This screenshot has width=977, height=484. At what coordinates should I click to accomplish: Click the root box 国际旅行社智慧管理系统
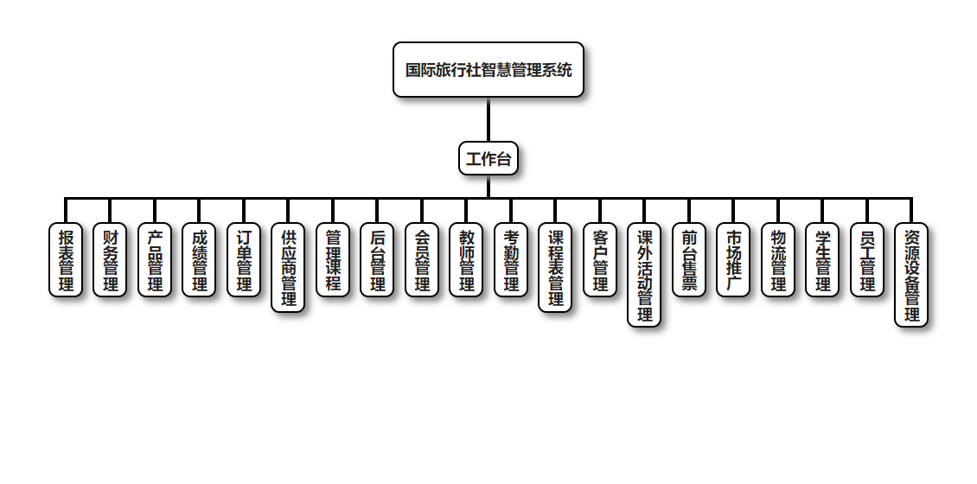click(488, 70)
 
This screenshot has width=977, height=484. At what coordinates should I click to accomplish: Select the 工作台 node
click(488, 158)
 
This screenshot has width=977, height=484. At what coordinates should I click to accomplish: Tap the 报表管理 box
click(66, 260)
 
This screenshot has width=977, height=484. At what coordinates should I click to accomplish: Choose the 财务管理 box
click(110, 260)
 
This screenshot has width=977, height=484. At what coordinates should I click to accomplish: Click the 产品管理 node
click(155, 260)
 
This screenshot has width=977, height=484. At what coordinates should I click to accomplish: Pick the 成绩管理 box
click(199, 260)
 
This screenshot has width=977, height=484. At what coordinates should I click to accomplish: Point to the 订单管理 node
click(244, 260)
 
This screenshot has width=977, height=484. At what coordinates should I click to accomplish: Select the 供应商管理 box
click(288, 268)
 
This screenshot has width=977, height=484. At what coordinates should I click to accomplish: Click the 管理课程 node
click(333, 260)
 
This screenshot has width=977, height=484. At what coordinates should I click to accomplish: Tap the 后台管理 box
click(377, 260)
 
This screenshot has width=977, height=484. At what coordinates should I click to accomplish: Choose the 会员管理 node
click(422, 260)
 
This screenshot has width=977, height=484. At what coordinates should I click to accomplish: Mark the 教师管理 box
click(466, 260)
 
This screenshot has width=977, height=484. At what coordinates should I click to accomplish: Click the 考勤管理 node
click(511, 260)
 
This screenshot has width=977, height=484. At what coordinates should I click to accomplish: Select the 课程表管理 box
click(555, 268)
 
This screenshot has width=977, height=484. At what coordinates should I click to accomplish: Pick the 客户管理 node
click(600, 260)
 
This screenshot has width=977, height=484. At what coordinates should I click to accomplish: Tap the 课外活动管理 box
click(644, 275)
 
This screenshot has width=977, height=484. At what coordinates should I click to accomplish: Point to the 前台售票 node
click(689, 260)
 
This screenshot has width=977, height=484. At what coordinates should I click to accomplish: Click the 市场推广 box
click(733, 260)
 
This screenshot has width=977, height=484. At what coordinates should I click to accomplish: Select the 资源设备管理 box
click(911, 275)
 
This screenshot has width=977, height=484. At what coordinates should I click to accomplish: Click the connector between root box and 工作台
click(488, 119)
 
